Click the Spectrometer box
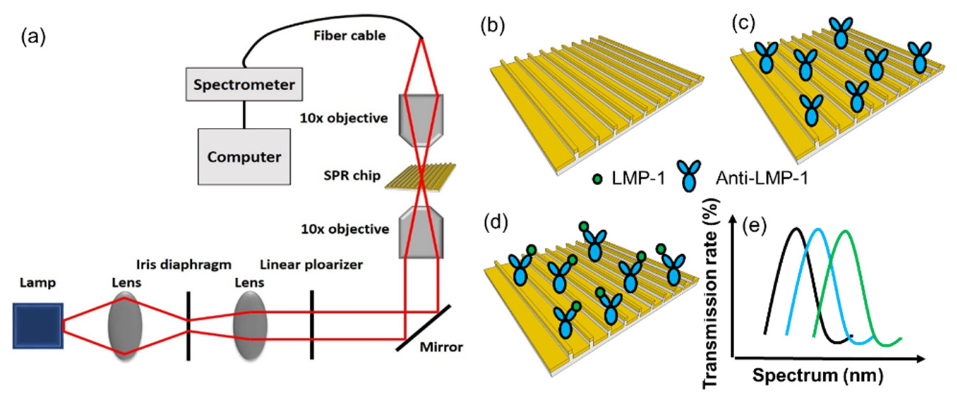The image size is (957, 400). click(244, 84)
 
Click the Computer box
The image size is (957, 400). click(244, 157)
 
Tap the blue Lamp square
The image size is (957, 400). click(38, 326)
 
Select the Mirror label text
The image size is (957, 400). click(441, 347)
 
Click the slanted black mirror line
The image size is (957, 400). click(424, 328)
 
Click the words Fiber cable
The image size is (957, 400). click(349, 36)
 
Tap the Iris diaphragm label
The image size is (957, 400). click(184, 265)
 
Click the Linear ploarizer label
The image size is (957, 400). click(311, 265)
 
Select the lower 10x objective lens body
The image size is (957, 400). click(421, 232)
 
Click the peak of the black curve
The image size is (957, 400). click(796, 229)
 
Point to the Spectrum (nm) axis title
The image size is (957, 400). click(817, 376)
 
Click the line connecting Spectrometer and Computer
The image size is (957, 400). click(244, 115)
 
